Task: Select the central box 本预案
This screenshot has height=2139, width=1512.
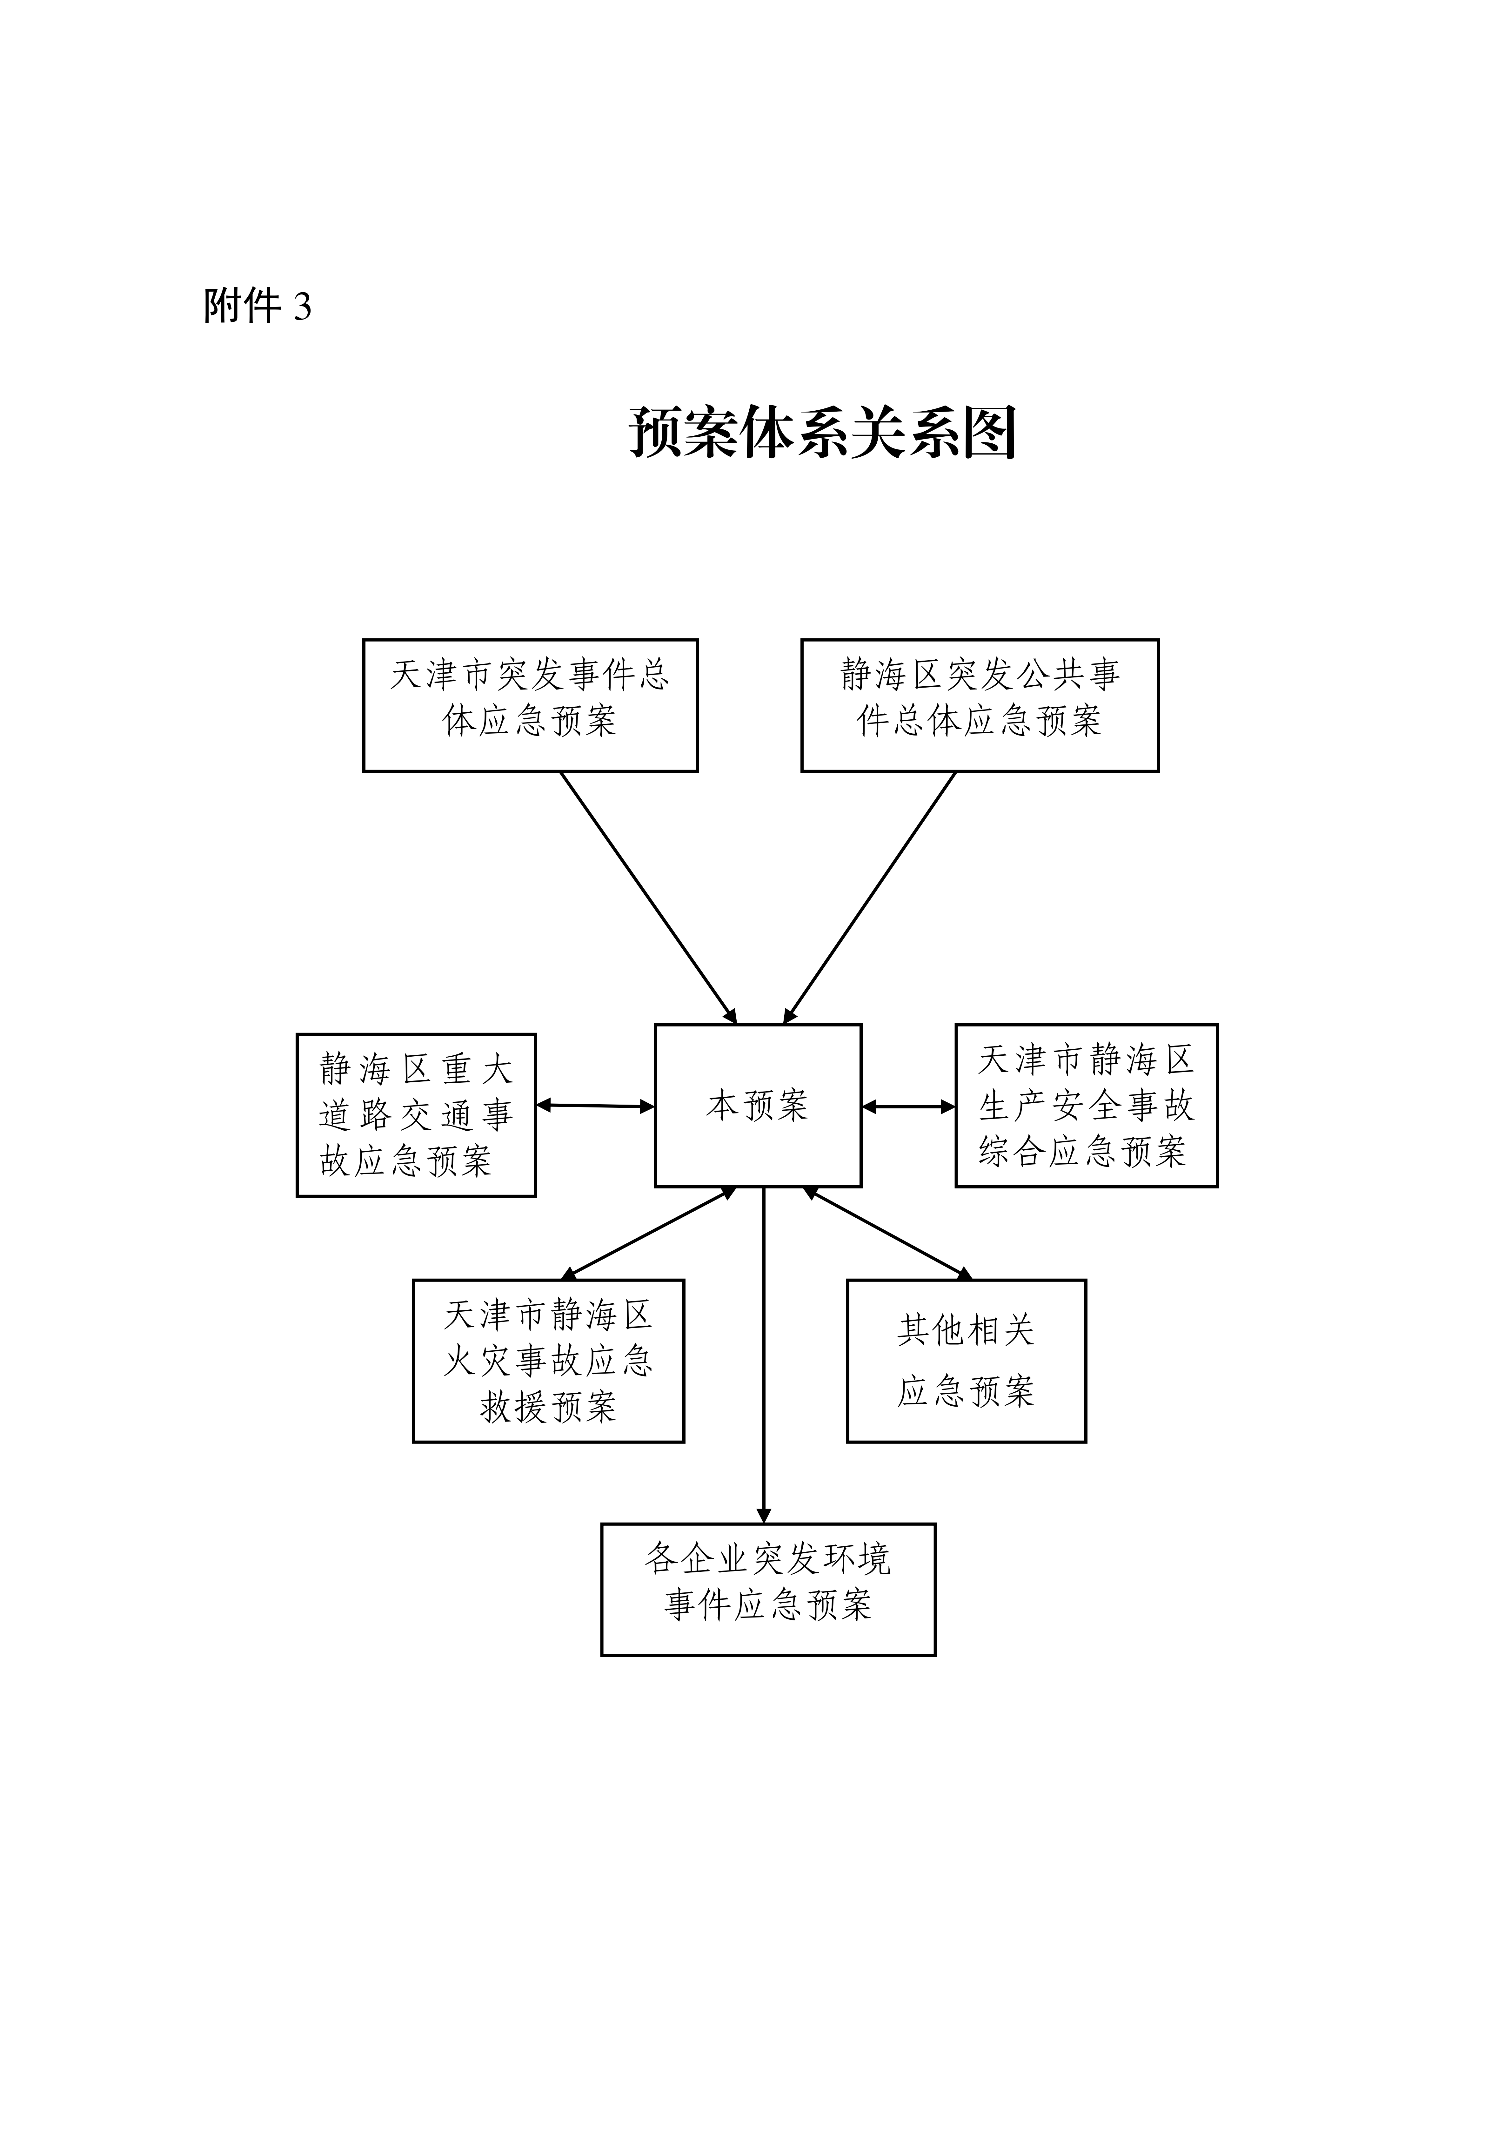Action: point(757,1106)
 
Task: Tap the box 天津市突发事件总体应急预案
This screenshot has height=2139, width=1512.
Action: point(530,705)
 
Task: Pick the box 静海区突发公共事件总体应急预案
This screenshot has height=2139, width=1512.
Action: point(979,705)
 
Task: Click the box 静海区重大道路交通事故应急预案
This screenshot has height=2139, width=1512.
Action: point(416,1115)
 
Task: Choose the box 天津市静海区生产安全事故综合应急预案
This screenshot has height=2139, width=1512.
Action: point(1086,1106)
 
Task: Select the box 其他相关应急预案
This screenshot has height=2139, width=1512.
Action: point(966,1361)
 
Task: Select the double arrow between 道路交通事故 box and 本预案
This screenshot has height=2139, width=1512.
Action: point(595,1106)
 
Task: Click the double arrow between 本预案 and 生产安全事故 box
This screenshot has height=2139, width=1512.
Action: point(908,1107)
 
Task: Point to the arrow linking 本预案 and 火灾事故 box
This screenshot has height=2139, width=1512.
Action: point(649,1233)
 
